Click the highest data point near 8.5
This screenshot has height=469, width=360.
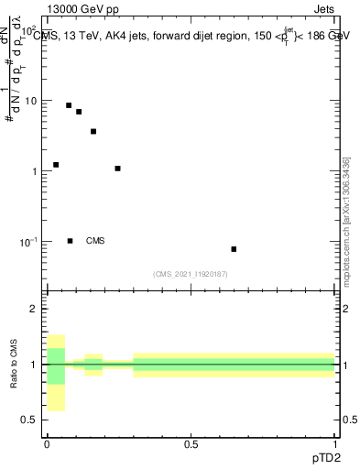pos(69,105)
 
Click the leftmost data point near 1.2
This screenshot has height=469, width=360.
pos(56,165)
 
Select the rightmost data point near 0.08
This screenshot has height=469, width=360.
pos(235,249)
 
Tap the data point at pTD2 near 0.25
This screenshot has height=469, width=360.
pos(118,169)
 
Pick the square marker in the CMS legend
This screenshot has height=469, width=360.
pos(71,241)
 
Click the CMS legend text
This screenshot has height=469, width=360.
pos(95,241)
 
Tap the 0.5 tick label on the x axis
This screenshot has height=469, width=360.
pos(191,444)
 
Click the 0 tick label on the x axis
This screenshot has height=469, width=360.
pos(47,444)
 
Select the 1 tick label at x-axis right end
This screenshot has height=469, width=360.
pos(335,444)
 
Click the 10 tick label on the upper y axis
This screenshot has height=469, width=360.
pos(30,101)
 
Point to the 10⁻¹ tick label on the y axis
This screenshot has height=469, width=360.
pos(27,242)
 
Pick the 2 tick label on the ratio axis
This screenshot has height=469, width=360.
pos(34,310)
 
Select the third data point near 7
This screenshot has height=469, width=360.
pos(79,112)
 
